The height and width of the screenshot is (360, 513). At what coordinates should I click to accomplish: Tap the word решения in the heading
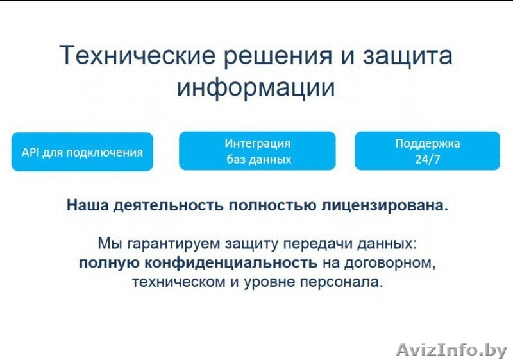point(276,56)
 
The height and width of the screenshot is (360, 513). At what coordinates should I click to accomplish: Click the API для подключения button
point(82,153)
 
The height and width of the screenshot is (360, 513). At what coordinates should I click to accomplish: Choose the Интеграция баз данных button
point(257,151)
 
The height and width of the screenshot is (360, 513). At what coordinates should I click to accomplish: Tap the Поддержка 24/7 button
point(427,151)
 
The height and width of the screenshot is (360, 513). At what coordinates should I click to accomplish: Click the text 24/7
point(427,160)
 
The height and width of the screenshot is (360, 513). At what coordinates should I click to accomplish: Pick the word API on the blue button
point(31,153)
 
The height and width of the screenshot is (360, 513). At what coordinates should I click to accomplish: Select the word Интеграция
point(258,144)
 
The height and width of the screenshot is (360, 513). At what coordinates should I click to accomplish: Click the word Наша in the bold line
point(87,206)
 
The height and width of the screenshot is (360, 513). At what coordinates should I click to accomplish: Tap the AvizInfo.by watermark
point(451,350)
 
